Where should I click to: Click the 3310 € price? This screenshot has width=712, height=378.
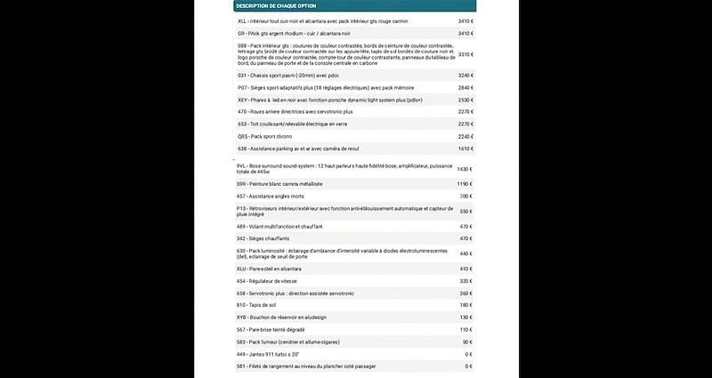465,54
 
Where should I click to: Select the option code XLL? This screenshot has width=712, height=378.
242,20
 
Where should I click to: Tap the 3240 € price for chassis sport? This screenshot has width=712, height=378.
465,76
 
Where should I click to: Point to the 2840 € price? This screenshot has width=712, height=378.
465,88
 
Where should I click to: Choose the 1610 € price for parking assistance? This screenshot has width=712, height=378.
465,149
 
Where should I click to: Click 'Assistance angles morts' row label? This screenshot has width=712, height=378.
275,196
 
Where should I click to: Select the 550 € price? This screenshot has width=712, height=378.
465,211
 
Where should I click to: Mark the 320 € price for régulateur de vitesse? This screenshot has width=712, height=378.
465,281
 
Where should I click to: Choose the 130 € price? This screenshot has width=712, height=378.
465,318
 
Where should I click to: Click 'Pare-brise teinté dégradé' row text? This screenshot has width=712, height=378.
278,330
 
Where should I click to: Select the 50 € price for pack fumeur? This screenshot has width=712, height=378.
466,342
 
